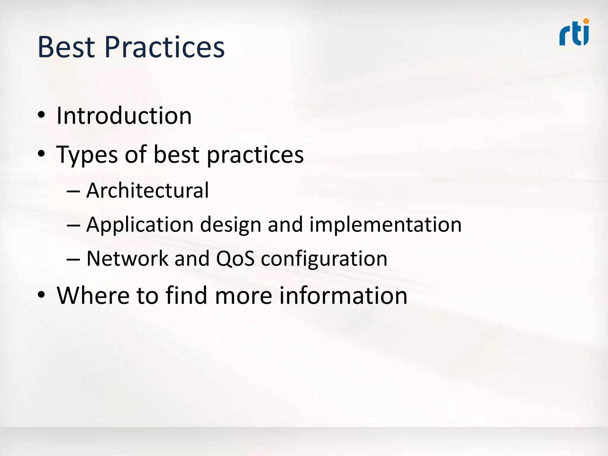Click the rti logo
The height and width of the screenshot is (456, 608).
point(574,33)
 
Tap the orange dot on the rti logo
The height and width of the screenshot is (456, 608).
point(586,21)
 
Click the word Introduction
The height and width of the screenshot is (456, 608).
point(124,115)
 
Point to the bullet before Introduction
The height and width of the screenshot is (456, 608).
point(41,115)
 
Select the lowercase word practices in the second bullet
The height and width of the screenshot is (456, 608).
point(255,155)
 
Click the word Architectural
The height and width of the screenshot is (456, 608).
point(148,190)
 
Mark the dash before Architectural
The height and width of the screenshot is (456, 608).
point(73,191)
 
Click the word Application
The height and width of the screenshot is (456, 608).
point(140,225)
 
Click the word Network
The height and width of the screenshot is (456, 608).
point(127,258)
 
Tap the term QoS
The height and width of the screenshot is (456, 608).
point(235,258)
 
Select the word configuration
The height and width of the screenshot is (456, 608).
point(324,259)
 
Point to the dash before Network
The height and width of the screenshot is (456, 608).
point(73,259)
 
